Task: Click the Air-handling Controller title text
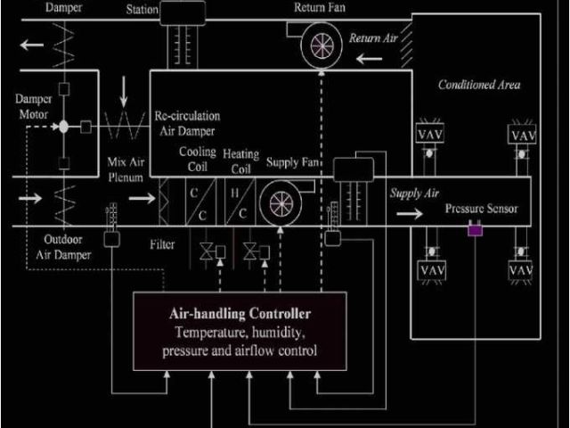tap(240, 314)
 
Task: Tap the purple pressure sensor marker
tap(475, 231)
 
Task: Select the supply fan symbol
tap(281, 202)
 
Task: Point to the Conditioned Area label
tap(479, 85)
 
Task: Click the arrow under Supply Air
tap(411, 214)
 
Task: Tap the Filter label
tap(162, 243)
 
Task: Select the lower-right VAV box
tap(520, 268)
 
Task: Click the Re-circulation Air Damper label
tap(187, 122)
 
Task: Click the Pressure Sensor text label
tap(481, 210)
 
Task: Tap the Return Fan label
tap(319, 7)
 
